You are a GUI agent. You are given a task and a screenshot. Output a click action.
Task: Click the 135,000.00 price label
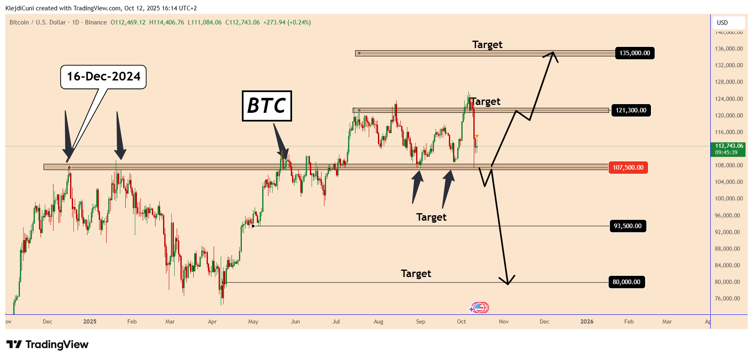634,53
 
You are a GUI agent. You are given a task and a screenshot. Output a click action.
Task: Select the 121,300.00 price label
631,110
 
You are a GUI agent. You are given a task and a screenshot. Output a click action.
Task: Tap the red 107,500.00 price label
628,168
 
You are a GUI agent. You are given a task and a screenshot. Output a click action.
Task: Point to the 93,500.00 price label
627,226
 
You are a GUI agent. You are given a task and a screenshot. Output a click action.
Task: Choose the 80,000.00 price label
626,282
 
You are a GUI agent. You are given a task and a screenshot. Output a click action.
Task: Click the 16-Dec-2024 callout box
104,77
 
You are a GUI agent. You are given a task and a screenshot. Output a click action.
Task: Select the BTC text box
267,106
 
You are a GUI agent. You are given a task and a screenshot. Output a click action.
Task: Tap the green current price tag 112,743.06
729,149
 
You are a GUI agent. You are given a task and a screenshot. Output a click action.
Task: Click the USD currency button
722,23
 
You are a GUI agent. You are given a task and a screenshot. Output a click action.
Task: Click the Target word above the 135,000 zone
487,45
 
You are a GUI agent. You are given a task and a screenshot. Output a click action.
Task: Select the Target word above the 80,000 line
416,274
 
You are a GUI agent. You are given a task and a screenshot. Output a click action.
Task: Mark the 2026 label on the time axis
587,321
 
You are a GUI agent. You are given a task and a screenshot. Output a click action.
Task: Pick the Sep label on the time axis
420,321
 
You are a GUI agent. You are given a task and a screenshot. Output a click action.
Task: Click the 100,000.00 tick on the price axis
729,199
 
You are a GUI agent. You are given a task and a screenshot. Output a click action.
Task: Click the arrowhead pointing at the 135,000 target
553,54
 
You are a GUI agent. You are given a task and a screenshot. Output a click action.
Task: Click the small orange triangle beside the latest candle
477,136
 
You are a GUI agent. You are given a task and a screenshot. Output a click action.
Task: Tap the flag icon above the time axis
480,308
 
